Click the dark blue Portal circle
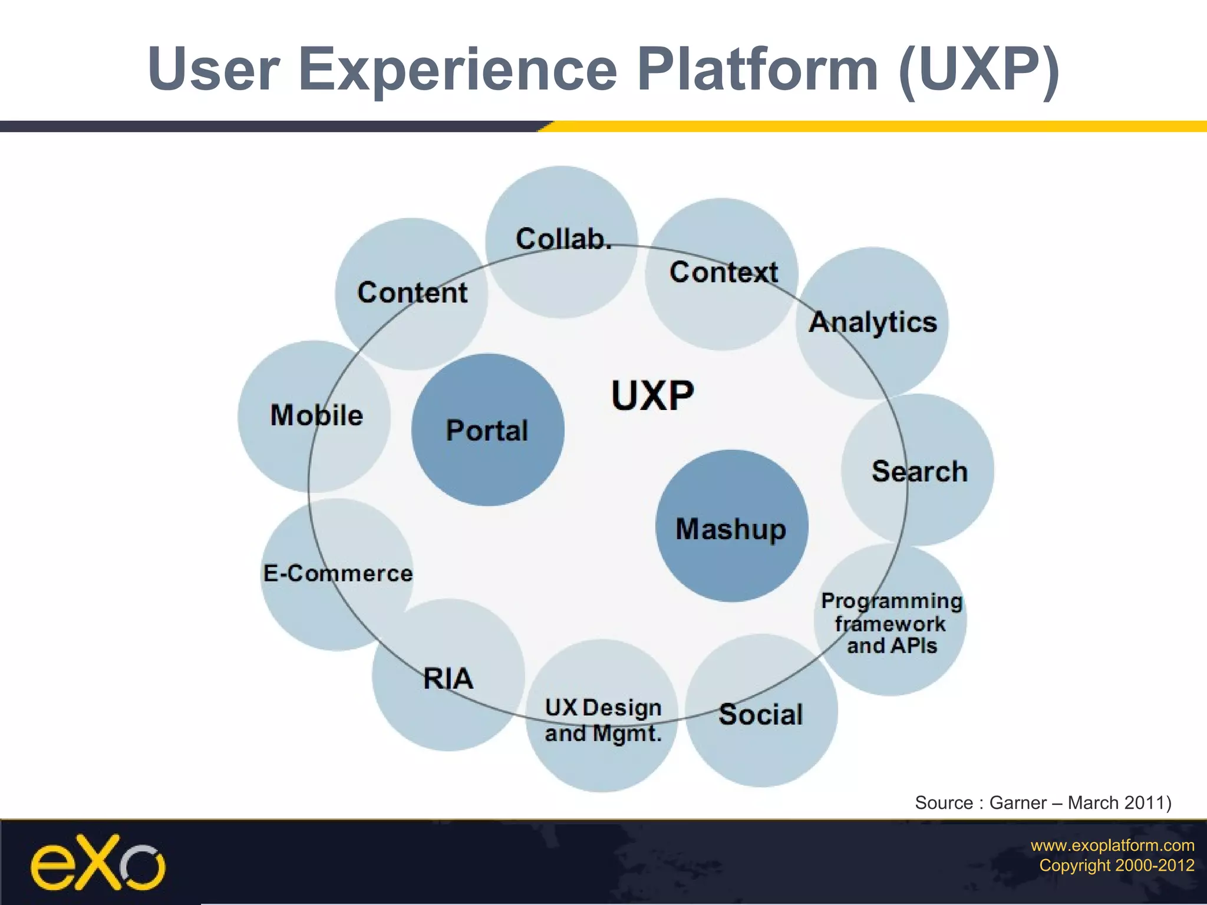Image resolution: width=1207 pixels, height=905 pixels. [487, 430]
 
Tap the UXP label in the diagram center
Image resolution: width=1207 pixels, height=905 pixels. [652, 395]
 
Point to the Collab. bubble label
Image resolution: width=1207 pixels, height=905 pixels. [563, 239]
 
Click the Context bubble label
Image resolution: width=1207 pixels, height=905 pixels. [723, 272]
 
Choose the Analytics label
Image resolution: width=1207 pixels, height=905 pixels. [873, 322]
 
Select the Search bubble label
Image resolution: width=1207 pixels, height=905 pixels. [919, 471]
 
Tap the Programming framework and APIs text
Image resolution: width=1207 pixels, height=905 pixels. [892, 623]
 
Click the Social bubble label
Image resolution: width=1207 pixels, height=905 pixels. [761, 715]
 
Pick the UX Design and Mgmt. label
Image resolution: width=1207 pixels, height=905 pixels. [603, 720]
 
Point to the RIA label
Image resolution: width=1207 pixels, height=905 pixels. [448, 679]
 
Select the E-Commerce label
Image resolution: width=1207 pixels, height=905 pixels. [338, 573]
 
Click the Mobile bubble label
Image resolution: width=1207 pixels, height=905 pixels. [316, 415]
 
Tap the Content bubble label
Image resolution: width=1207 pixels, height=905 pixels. [412, 293]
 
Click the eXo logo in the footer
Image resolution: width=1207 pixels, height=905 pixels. [98, 863]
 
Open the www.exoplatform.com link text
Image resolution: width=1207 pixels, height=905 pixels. [1112, 845]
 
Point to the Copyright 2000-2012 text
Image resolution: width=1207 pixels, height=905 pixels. [1116, 866]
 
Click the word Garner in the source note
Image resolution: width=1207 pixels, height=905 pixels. [1018, 802]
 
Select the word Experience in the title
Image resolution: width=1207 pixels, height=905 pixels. [458, 70]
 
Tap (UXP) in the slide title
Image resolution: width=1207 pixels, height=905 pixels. [979, 70]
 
